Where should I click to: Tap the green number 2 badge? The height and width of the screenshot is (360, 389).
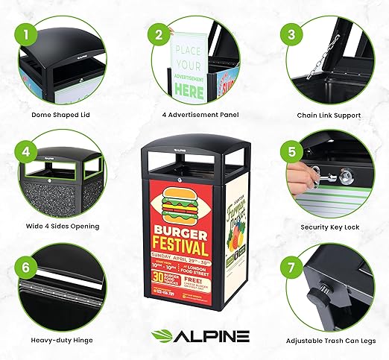tap(158, 34)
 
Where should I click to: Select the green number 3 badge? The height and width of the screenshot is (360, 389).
tap(291, 34)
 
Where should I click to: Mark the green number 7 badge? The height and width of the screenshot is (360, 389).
tap(291, 266)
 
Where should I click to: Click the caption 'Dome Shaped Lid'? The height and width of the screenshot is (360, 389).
tap(63, 116)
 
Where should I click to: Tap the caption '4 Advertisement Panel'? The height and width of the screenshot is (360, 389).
tap(194, 116)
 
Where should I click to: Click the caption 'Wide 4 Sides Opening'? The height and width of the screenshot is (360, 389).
tap(63, 226)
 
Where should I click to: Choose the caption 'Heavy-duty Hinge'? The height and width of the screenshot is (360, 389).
tap(63, 341)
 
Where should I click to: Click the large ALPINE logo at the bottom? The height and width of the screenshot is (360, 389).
tap(195, 335)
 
